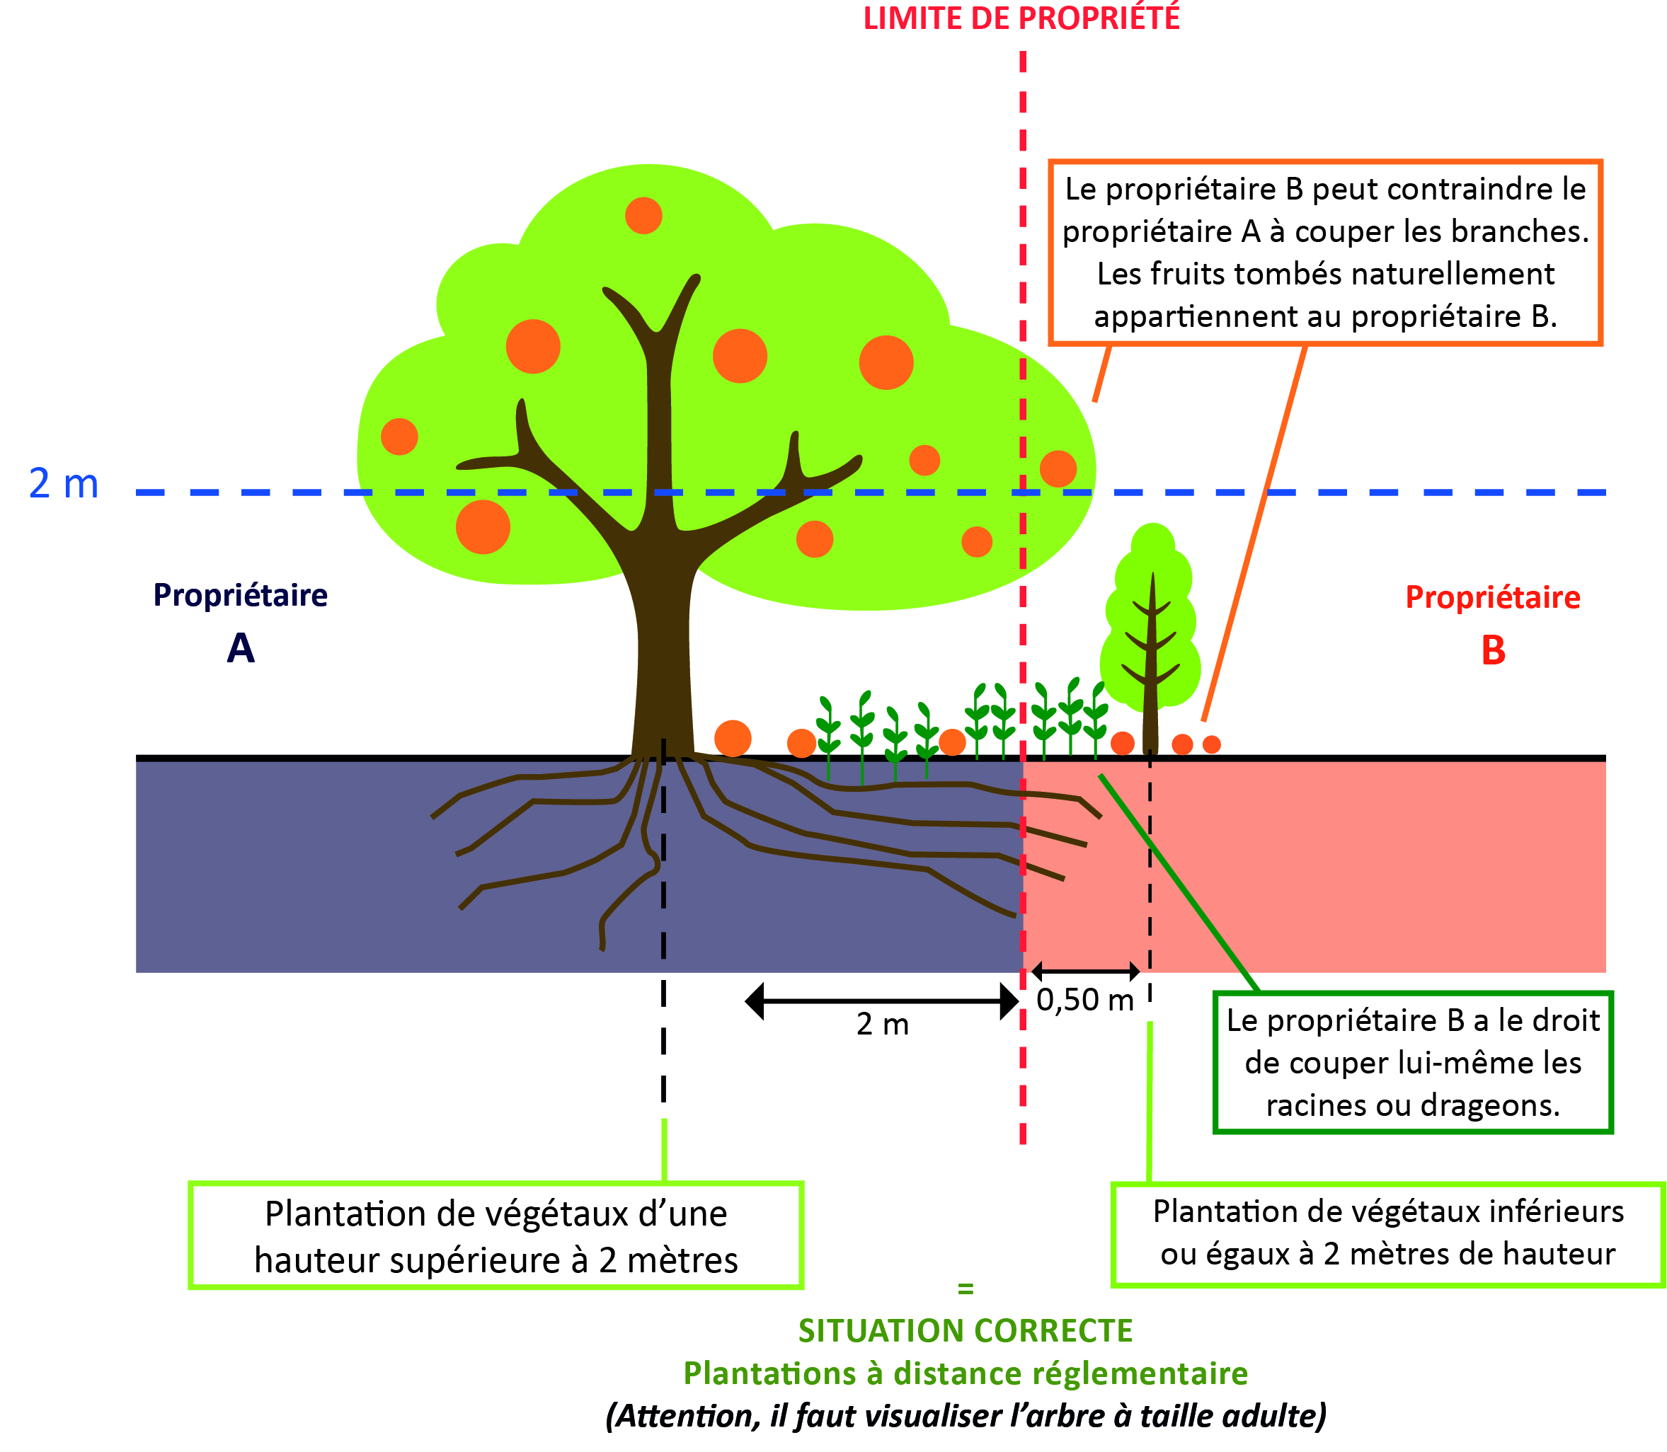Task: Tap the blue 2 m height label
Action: point(63,484)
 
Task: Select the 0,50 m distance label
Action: point(1084,1001)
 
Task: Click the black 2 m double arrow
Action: point(882,1001)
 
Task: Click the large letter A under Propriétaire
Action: point(241,648)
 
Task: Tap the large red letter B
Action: point(1493,651)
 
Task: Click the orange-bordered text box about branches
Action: point(1325,253)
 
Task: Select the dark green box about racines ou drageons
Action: point(1413,1062)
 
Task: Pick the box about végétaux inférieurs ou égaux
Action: point(1387,1233)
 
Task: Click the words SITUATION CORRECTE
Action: point(966,1330)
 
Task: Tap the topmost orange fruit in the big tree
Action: point(643,216)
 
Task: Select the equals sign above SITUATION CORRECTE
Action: point(966,1289)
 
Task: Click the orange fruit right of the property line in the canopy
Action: point(1058,468)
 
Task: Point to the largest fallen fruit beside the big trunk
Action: point(733,738)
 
